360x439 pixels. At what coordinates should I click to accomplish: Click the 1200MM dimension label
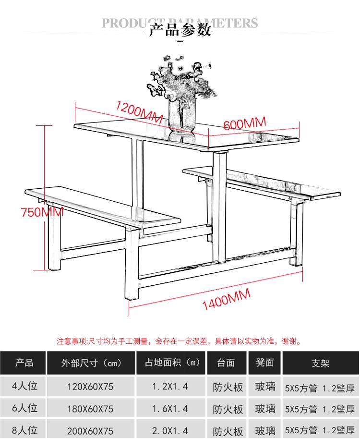point(139,112)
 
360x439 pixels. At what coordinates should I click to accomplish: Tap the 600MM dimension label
point(245,123)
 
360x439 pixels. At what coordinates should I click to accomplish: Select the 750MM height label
point(42,212)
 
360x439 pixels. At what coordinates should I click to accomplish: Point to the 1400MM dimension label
point(226,300)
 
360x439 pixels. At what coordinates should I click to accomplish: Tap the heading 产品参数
point(180,30)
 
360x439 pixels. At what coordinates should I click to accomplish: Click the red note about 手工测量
point(179,341)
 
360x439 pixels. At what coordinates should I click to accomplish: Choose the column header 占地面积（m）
point(172,363)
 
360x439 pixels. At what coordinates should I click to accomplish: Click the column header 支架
point(320,363)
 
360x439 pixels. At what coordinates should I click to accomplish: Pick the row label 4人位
point(24,386)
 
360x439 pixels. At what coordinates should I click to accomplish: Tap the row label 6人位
point(24,408)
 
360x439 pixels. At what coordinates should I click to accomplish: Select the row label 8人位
point(24,430)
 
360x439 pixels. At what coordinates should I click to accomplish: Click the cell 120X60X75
point(90,387)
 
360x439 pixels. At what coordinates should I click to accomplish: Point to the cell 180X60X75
point(90,409)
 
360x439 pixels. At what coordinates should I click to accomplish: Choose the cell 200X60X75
point(90,431)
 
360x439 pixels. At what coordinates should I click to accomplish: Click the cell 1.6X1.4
point(170,409)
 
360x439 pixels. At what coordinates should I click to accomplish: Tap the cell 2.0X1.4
point(170,431)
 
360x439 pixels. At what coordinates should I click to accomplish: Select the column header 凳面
point(265,362)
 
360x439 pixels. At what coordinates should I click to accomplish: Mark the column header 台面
point(226,363)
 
